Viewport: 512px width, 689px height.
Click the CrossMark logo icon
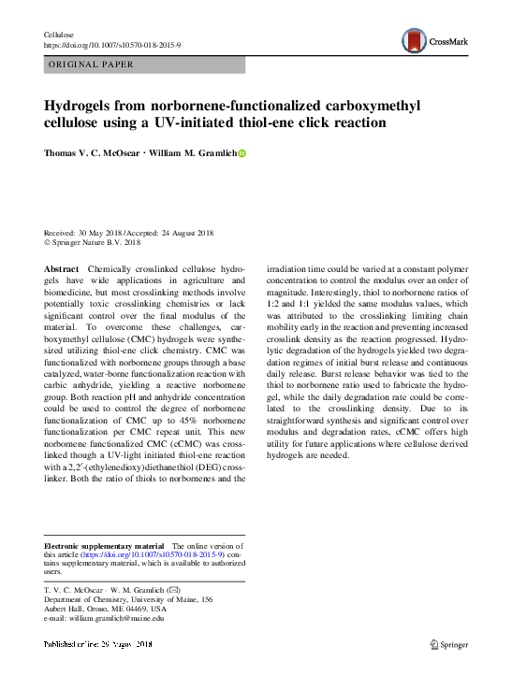point(415,40)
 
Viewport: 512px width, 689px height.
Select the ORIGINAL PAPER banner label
point(91,65)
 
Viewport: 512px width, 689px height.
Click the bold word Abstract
point(62,267)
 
